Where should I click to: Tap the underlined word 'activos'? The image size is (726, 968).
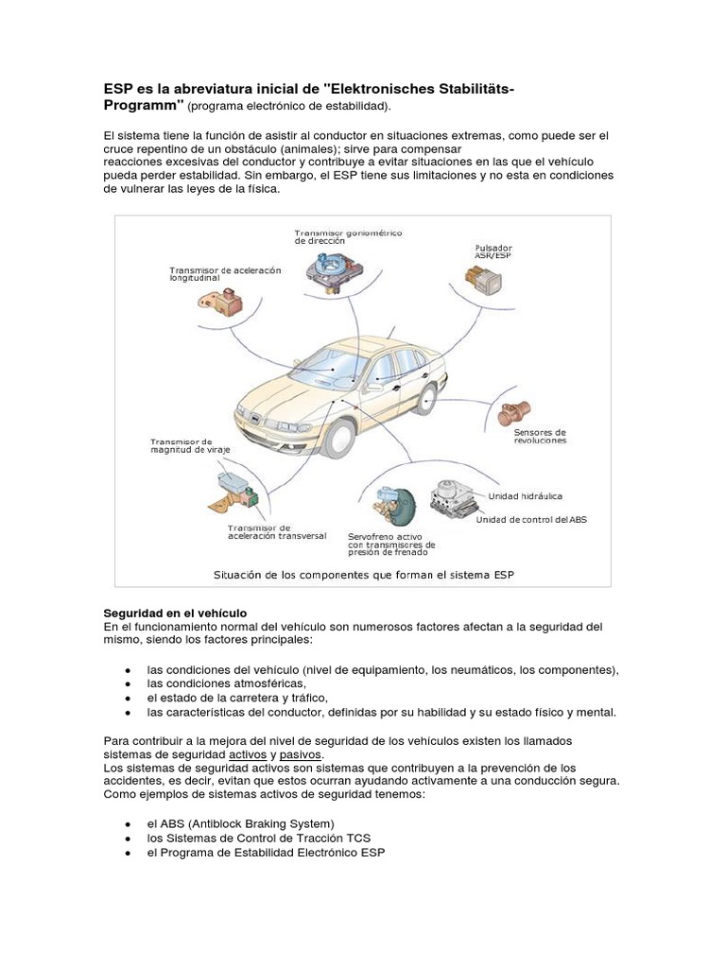click(x=248, y=755)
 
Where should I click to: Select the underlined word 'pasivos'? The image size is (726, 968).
click(x=301, y=755)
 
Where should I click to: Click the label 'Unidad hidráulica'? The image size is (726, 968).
click(x=526, y=495)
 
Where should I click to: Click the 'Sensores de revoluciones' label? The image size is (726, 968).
click(x=540, y=437)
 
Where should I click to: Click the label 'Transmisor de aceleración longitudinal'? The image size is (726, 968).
click(x=226, y=274)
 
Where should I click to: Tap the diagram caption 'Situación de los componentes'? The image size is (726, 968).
click(x=363, y=574)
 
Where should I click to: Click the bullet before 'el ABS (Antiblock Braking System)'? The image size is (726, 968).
click(x=128, y=824)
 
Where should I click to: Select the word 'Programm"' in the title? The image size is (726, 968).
click(x=143, y=103)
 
